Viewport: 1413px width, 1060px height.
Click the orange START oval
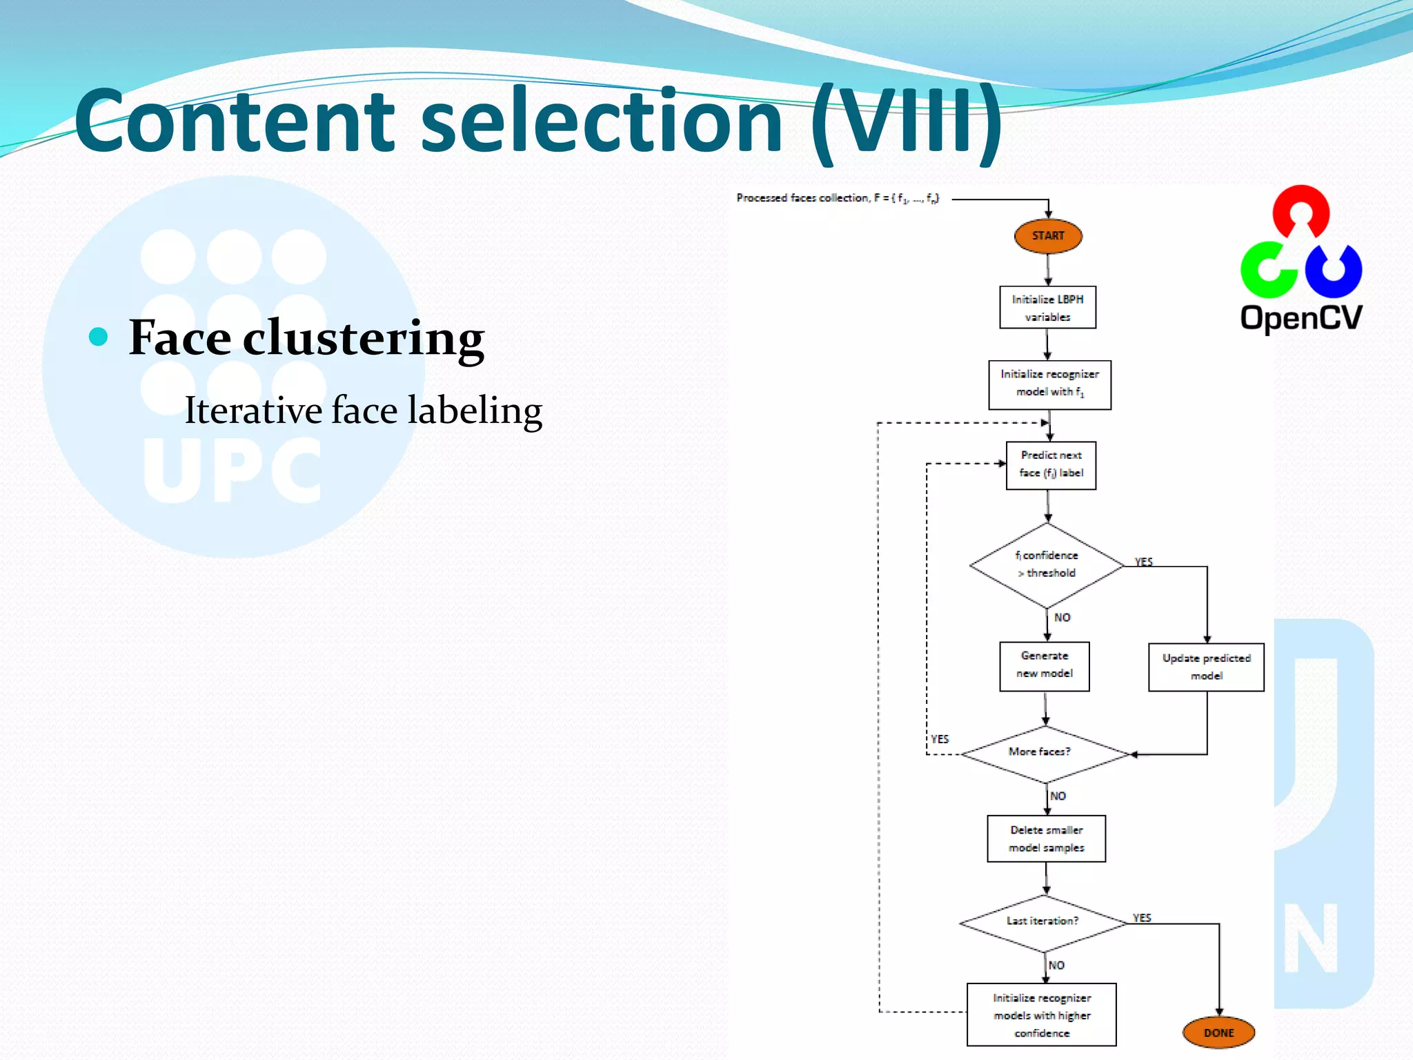1047,236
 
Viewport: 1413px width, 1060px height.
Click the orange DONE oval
1218,1032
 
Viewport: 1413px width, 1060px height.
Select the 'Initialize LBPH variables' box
1047,308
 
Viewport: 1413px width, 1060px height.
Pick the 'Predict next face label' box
1051,465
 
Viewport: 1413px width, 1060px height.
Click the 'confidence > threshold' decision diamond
1047,565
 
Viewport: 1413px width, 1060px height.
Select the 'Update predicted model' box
1206,667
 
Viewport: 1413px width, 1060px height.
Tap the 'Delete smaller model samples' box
1046,838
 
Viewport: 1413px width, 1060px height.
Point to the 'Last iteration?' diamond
1043,923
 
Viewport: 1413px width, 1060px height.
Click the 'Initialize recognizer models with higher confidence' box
1041,1014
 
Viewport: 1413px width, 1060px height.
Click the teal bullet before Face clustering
99,337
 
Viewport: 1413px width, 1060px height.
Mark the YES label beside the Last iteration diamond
1142,917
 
